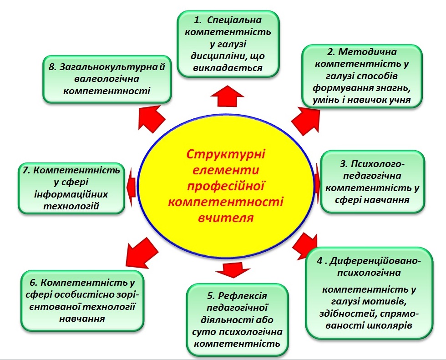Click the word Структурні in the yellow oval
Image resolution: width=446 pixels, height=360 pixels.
click(x=226, y=154)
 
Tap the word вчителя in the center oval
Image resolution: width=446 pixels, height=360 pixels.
click(x=225, y=218)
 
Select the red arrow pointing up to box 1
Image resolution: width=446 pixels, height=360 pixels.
click(x=228, y=96)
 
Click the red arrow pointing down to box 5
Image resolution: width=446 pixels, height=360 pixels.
click(x=233, y=270)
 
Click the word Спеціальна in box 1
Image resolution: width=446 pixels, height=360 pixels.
click(x=234, y=20)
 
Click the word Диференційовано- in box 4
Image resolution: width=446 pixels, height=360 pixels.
click(x=375, y=261)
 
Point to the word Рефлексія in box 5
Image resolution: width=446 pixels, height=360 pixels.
click(x=242, y=296)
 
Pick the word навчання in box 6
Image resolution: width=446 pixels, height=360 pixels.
click(x=82, y=319)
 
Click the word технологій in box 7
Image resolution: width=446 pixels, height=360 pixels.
click(x=71, y=206)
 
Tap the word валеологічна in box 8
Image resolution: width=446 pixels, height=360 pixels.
click(x=106, y=79)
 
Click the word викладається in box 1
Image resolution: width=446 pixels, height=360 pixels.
click(x=228, y=68)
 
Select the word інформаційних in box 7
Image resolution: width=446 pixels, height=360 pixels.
click(x=71, y=194)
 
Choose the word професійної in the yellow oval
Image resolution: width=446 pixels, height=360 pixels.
click(x=226, y=186)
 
